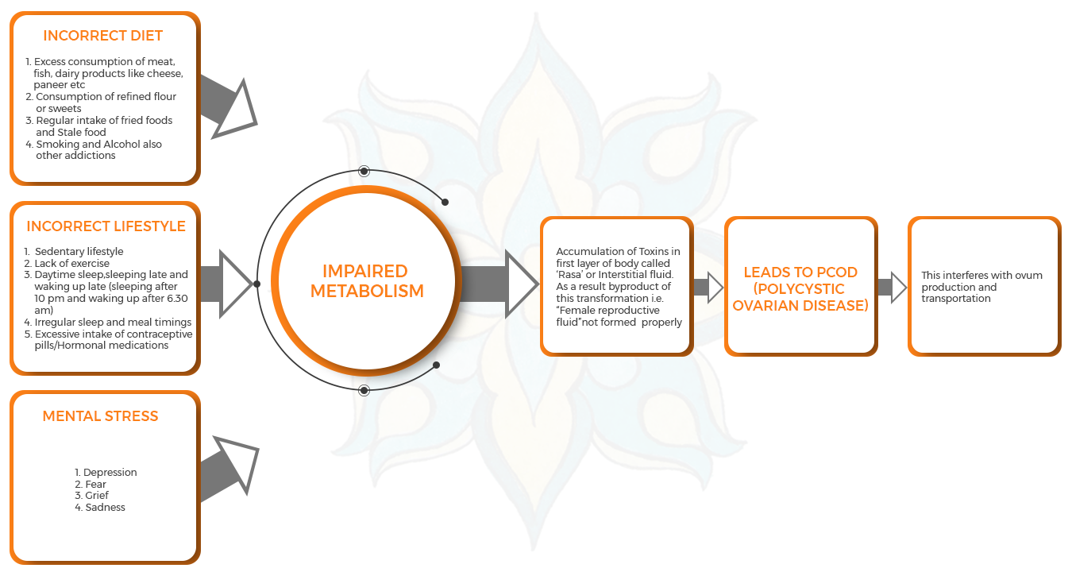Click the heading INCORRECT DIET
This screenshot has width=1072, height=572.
[x=102, y=36]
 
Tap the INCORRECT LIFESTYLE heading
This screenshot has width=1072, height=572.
[x=106, y=226]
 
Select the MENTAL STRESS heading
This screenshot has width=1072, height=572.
[x=100, y=415]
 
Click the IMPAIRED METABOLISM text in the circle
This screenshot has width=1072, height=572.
[x=367, y=281]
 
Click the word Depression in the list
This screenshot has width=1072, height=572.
[x=110, y=473]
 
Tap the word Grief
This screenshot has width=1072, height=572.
[x=97, y=496]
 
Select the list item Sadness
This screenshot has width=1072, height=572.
[x=105, y=507]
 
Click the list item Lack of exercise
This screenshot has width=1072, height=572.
[x=72, y=263]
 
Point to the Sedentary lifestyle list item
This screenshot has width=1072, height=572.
[x=79, y=252]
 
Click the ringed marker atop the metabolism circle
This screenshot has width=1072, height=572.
[x=364, y=170]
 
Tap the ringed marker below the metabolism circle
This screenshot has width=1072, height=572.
[x=364, y=390]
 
